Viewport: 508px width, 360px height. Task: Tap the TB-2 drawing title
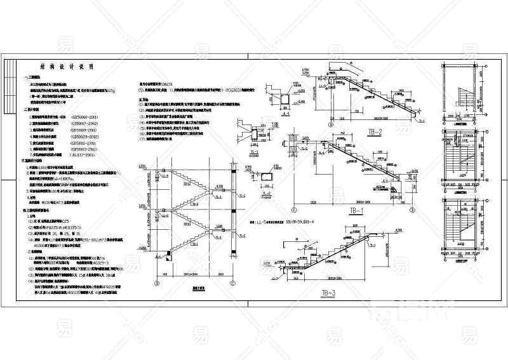pyautogui.click(x=375, y=133)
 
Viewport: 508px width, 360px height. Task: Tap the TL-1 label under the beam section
pyautogui.click(x=255, y=151)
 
